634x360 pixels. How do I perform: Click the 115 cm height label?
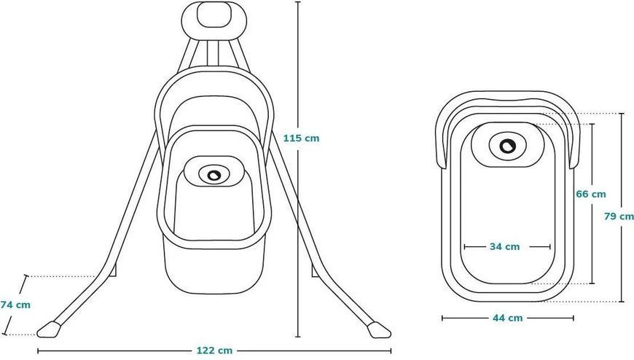[x=301, y=138]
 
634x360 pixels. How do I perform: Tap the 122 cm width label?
[x=214, y=351]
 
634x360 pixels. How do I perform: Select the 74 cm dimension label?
[x=15, y=305]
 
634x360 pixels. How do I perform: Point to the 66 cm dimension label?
[x=591, y=194]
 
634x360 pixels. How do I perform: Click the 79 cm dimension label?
[x=619, y=216]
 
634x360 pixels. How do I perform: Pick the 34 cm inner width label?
[x=504, y=246]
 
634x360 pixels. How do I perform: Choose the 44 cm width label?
[x=507, y=318]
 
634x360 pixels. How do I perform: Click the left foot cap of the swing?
[x=49, y=329]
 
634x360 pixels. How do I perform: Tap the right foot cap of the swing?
[x=380, y=329]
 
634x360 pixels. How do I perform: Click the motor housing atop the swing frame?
[x=214, y=20]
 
